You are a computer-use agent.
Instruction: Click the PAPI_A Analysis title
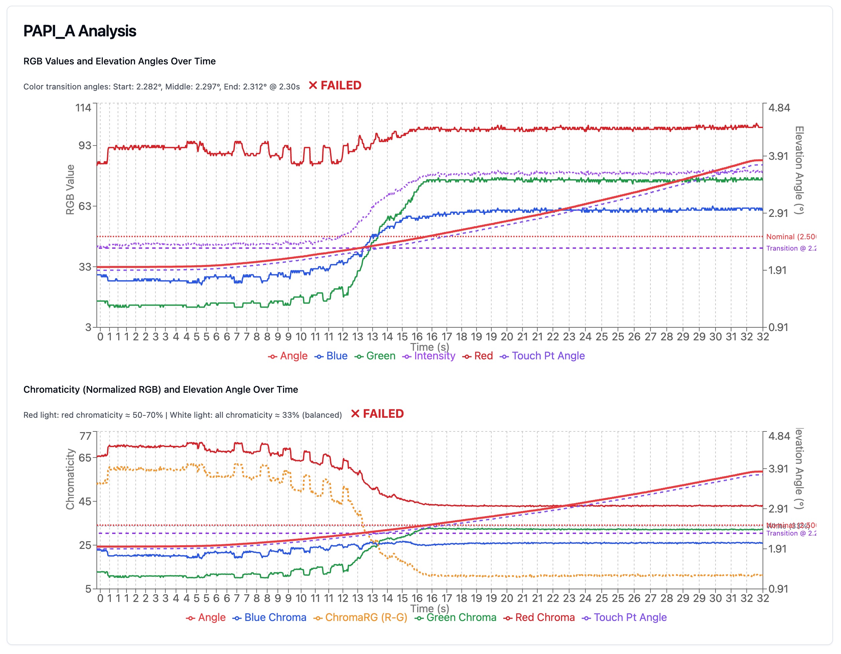coord(80,31)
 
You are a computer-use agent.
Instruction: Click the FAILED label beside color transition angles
coord(335,85)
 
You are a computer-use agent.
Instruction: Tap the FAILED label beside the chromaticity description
coord(377,414)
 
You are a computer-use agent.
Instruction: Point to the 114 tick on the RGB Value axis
coord(83,108)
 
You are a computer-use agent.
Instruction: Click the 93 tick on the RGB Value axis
coord(85,145)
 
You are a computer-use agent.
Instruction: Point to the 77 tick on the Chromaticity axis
coord(85,436)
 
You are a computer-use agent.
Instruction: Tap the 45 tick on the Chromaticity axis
coord(85,502)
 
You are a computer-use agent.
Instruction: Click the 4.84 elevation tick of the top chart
coord(779,108)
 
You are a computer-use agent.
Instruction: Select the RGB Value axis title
coord(70,190)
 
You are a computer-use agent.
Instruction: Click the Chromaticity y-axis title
coord(70,479)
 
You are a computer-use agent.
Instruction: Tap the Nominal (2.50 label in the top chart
coord(791,237)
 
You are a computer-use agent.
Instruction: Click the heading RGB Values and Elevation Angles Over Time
coord(119,61)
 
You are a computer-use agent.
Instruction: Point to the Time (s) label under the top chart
coord(430,347)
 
